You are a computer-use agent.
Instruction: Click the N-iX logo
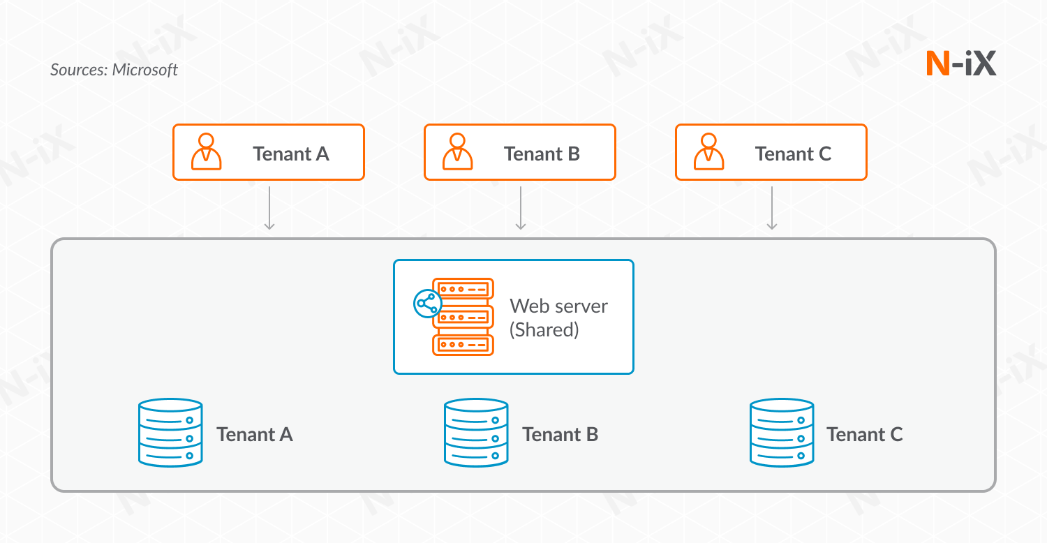coord(960,64)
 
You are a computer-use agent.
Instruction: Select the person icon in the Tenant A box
coord(206,152)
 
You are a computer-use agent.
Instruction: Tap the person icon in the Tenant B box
coord(457,152)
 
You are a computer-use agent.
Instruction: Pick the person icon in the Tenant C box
coord(708,152)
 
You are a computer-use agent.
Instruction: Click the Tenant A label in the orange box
coord(290,154)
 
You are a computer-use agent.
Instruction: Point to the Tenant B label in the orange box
coord(542,154)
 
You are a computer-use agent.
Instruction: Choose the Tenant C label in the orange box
coord(793,154)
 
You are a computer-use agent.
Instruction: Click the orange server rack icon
coord(463,317)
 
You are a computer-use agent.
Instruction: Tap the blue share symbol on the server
coord(426,303)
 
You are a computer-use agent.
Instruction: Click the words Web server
coord(558,306)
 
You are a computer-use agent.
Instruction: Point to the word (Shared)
coord(544,329)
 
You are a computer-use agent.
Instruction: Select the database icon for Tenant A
coord(170,432)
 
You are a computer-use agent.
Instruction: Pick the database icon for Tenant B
coord(476,432)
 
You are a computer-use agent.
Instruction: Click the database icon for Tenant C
coord(781,432)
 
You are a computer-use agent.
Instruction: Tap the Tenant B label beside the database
coord(560,434)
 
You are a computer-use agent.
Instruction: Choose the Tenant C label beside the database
coord(864,434)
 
